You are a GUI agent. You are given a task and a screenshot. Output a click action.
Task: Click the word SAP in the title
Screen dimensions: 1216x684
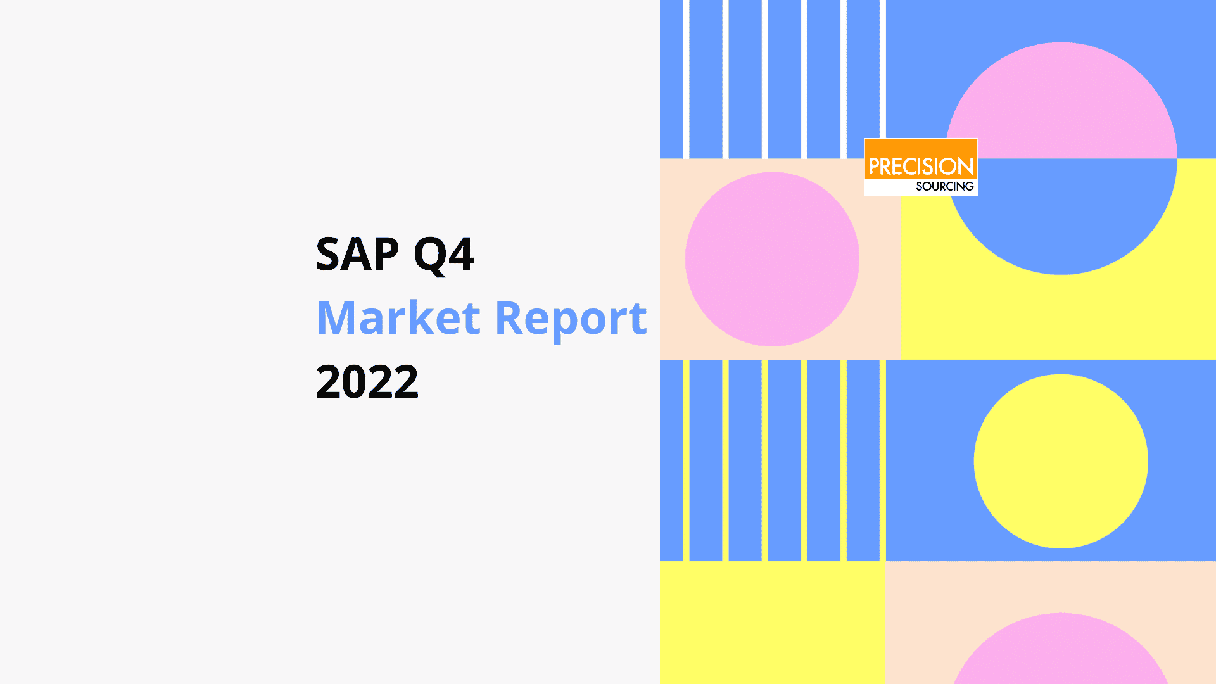pyautogui.click(x=357, y=254)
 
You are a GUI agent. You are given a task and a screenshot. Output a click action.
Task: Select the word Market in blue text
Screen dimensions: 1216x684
pyautogui.click(x=398, y=317)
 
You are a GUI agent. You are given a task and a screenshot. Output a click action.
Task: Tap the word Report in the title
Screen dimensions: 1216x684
pyautogui.click(x=571, y=320)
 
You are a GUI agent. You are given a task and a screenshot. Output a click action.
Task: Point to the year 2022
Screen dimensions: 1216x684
pyautogui.click(x=367, y=381)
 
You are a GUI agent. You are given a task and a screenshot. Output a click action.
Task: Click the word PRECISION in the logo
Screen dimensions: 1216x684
pyautogui.click(x=921, y=167)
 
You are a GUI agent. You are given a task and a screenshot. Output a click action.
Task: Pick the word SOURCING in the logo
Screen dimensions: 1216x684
pyautogui.click(x=945, y=186)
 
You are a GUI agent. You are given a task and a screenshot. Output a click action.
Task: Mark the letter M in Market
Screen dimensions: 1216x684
pyautogui.click(x=338, y=317)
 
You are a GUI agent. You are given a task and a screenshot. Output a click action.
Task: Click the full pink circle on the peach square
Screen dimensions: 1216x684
pyautogui.click(x=772, y=259)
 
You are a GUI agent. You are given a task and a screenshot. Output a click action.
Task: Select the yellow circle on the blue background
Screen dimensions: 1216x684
pyautogui.click(x=1061, y=461)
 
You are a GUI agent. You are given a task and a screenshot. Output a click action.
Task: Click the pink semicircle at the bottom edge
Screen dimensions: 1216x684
pyautogui.click(x=1061, y=652)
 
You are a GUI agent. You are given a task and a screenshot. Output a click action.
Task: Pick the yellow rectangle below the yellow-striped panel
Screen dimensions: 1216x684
pyautogui.click(x=772, y=623)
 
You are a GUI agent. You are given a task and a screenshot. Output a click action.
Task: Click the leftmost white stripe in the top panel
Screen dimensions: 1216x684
pyautogui.click(x=686, y=79)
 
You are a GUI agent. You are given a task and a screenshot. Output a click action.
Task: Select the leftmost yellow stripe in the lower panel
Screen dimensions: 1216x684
pyautogui.click(x=686, y=460)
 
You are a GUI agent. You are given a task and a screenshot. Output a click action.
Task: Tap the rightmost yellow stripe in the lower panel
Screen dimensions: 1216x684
pyautogui.click(x=883, y=460)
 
